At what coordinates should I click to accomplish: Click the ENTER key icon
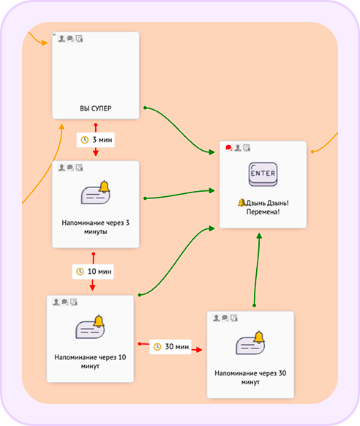tap(263, 174)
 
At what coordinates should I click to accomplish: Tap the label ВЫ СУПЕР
tap(96, 108)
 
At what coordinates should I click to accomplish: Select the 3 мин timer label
tap(96, 140)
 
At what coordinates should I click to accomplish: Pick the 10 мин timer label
tap(93, 272)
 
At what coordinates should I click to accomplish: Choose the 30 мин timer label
tap(170, 347)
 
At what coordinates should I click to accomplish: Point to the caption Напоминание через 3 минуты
tap(96, 227)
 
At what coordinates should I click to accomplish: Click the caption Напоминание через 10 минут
tap(90, 362)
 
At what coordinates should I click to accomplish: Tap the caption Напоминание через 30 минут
tap(250, 378)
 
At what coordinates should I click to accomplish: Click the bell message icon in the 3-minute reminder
tap(96, 193)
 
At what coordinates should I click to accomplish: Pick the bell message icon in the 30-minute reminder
tap(250, 343)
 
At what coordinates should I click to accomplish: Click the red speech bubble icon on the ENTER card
tap(228, 148)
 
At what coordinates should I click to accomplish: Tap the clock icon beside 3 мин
tap(85, 140)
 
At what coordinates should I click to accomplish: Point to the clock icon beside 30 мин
tap(157, 347)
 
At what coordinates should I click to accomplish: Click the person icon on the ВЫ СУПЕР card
tap(61, 39)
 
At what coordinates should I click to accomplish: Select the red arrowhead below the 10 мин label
tap(93, 288)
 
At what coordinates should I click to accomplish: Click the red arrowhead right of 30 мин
tap(199, 350)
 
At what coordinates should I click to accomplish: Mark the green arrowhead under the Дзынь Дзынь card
tap(259, 236)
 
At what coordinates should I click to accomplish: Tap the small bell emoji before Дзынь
tap(241, 203)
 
